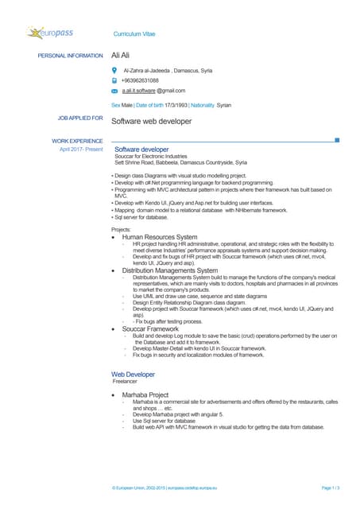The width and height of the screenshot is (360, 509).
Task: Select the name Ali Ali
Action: [121, 56]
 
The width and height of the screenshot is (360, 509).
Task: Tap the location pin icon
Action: [114, 70]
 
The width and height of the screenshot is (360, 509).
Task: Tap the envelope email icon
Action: [114, 92]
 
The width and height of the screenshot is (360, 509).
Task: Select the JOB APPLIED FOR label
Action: [79, 119]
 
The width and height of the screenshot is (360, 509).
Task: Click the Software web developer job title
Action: [151, 122]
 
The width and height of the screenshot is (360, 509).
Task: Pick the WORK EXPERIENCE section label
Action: [77, 141]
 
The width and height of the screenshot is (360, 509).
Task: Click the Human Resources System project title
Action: [160, 237]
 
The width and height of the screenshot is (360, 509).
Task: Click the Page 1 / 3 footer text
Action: [330, 487]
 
